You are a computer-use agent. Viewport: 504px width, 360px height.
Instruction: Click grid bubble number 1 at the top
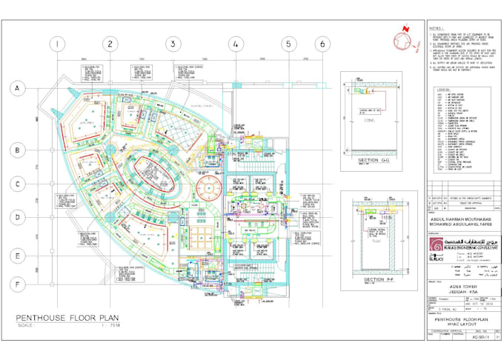56,44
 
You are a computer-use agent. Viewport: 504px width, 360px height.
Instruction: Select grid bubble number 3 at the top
172,44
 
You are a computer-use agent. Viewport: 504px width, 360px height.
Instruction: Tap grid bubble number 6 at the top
322,44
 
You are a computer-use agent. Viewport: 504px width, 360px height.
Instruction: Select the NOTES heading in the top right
436,28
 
